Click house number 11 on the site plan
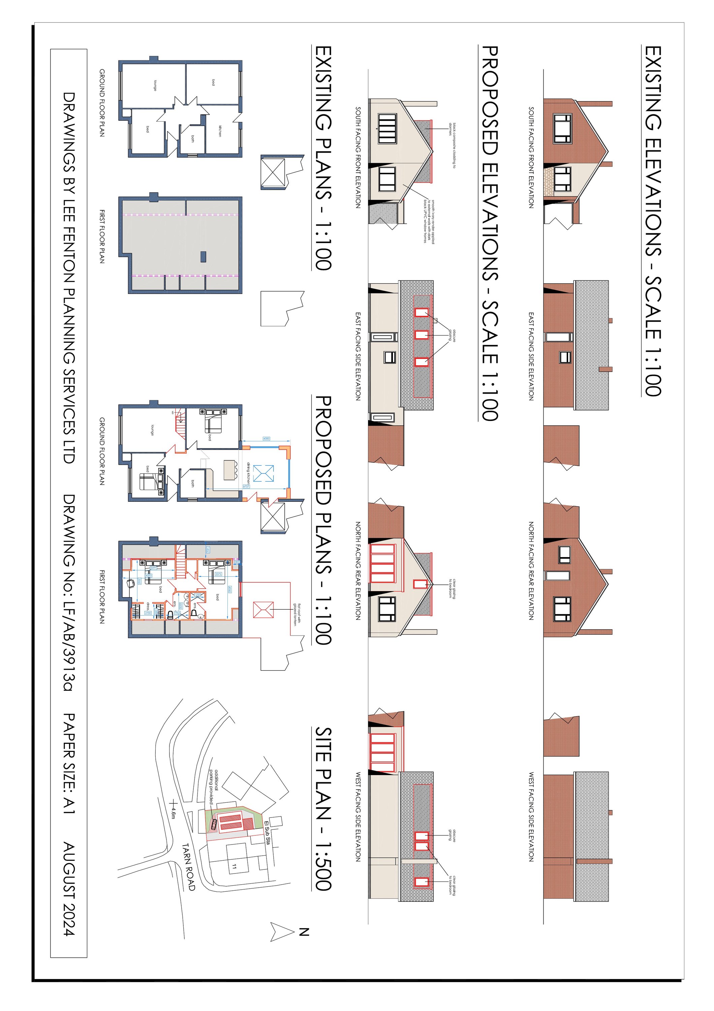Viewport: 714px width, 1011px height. (234, 867)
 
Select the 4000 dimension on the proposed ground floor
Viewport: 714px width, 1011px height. (266, 438)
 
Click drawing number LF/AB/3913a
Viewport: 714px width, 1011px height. (69, 634)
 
